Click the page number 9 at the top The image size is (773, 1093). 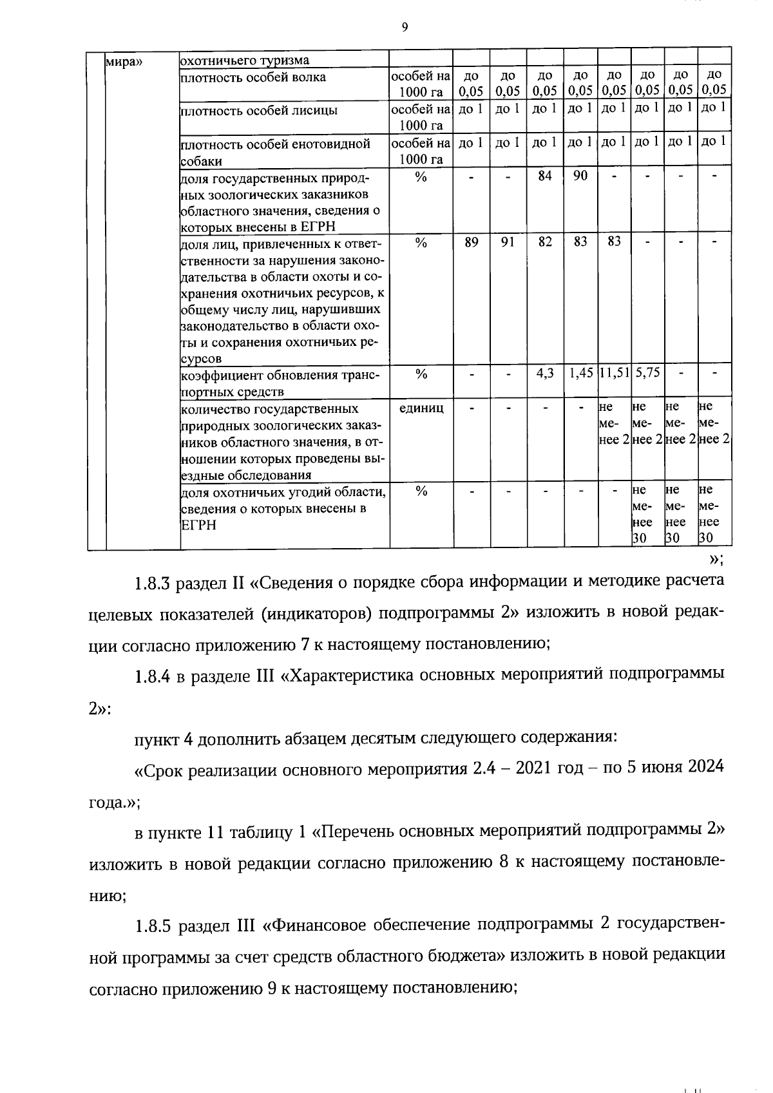pos(404,27)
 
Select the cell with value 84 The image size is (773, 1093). pos(545,175)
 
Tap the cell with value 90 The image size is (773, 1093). pos(580,175)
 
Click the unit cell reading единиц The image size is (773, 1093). pos(421,408)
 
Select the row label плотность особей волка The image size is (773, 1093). pos(253,78)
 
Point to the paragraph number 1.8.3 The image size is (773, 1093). pos(152,583)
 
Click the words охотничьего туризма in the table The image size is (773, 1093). pos(245,61)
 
